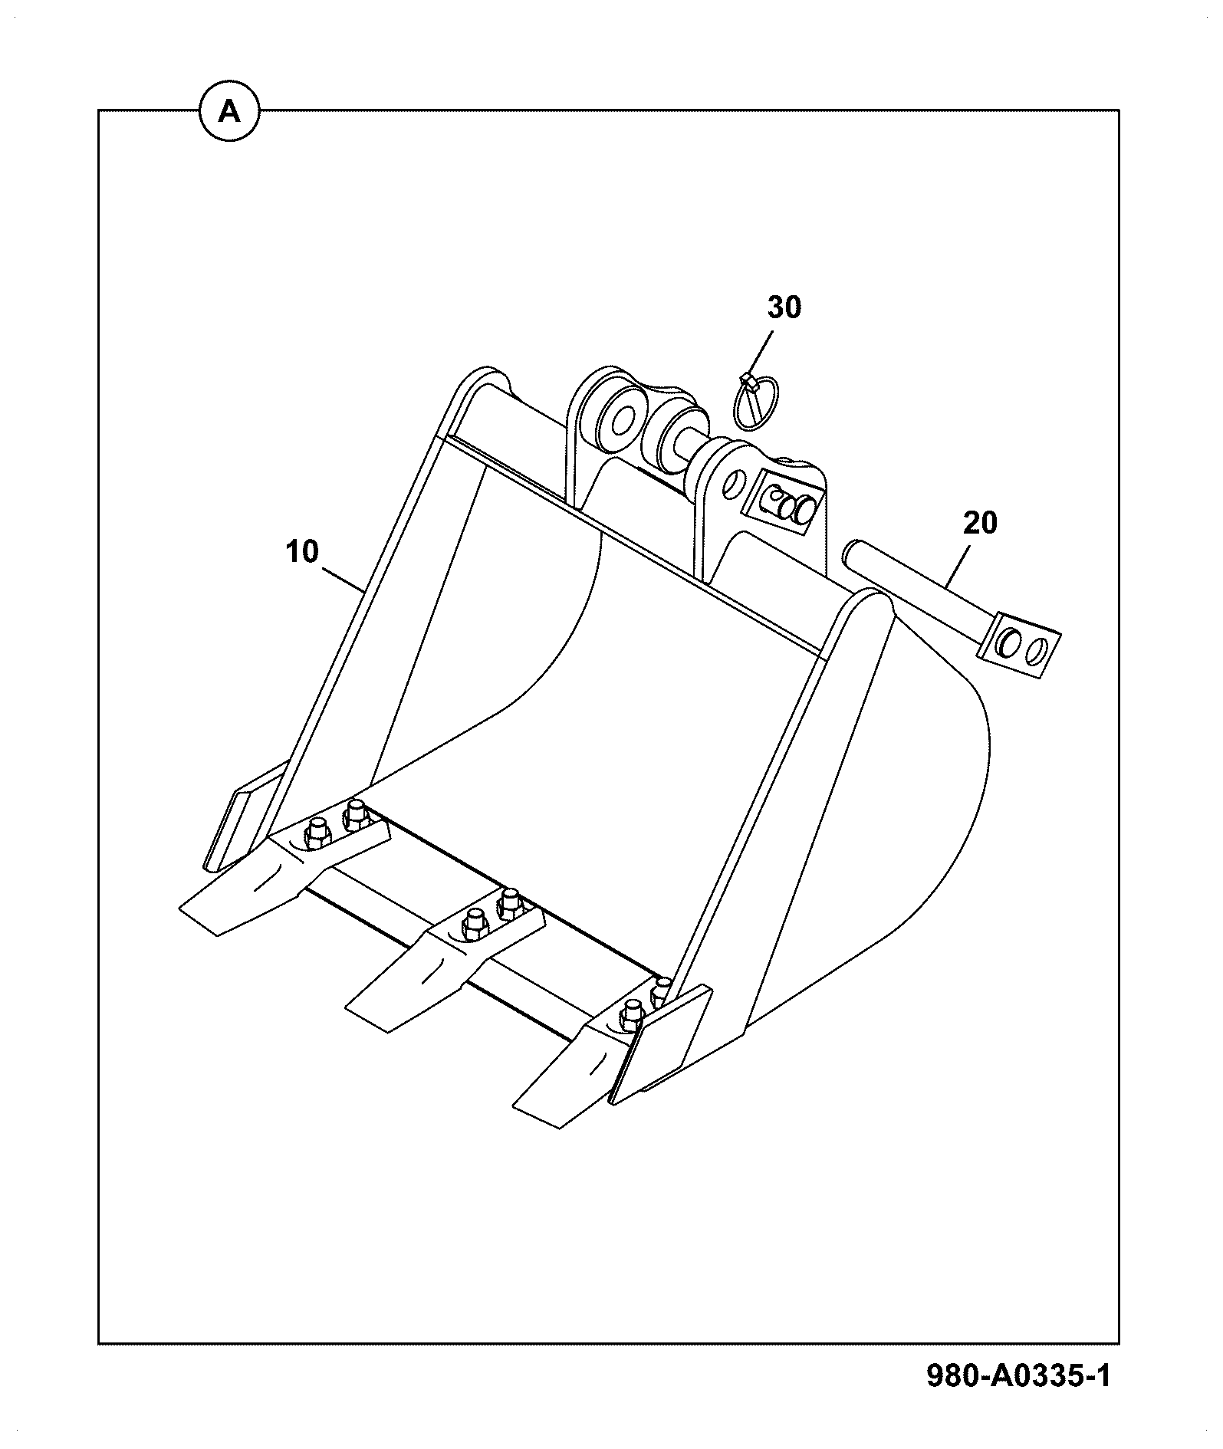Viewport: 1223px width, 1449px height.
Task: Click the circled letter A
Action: tap(229, 113)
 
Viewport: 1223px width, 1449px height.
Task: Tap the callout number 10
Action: tap(302, 551)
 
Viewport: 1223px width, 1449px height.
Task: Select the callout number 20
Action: tap(980, 524)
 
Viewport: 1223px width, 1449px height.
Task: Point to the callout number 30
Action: tap(784, 307)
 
